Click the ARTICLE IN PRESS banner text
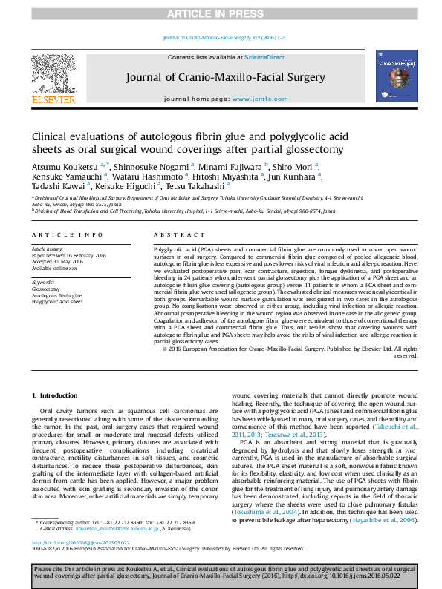pos(221,14)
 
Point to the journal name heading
pos(221,77)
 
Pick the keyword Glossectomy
pos(46,288)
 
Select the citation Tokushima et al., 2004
pos(266,512)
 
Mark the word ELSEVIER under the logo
pos(53,99)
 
